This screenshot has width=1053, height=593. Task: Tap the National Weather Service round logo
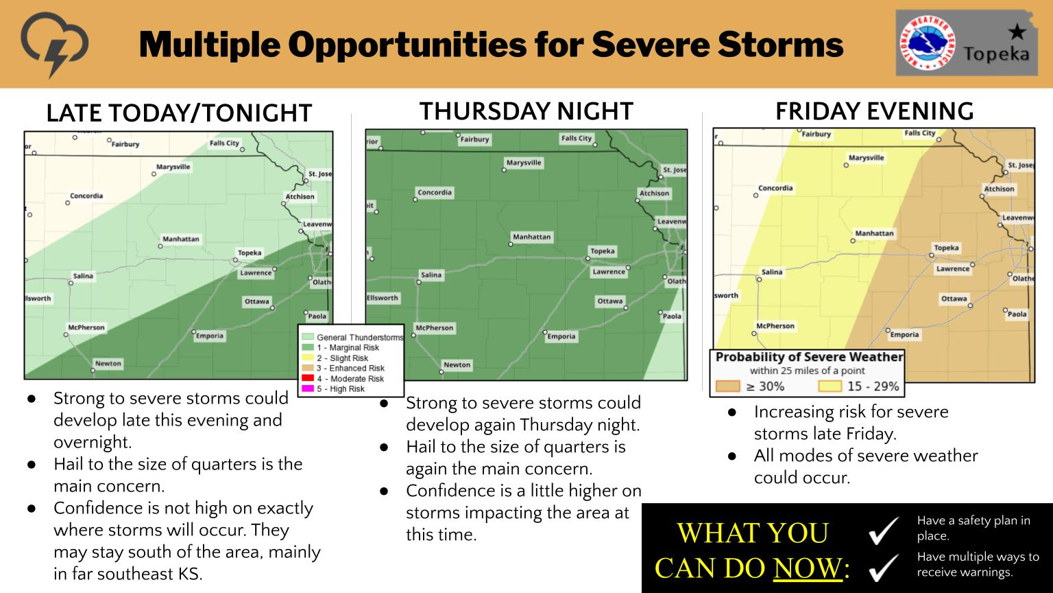coord(927,43)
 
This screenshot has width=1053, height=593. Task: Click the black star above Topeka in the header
coord(1017,32)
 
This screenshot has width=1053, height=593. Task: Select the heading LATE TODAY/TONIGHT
coord(179,113)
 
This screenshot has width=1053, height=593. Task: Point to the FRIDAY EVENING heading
coord(874,112)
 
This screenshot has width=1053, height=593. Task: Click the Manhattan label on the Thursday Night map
coord(532,237)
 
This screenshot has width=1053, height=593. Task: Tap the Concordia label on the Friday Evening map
coord(775,188)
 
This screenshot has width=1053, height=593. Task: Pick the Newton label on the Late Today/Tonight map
coord(108,363)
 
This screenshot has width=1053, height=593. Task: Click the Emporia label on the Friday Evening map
coord(904,335)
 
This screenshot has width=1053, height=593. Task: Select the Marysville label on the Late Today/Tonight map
coord(173,167)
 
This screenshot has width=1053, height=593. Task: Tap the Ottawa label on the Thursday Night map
coord(610,301)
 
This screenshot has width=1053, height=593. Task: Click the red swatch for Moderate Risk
coord(307,378)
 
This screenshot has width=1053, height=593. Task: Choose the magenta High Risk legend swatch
coord(307,388)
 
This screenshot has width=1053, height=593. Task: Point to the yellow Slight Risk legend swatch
coord(307,357)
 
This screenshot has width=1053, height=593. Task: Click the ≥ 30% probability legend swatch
coord(727,386)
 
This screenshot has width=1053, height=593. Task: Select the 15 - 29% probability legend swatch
coord(830,386)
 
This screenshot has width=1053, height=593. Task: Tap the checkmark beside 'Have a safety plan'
coord(884,530)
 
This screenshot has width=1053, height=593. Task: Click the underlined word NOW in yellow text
coord(808,568)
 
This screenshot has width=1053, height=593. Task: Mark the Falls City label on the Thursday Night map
coord(577,138)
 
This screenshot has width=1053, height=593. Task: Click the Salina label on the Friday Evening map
coord(772,272)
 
